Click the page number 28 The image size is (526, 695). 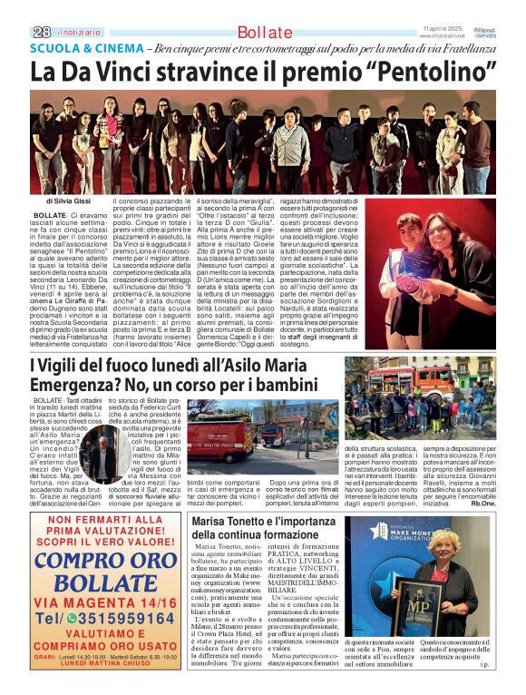pos(40,32)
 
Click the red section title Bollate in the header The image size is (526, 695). pos(265,33)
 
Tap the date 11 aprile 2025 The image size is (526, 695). pos(443,29)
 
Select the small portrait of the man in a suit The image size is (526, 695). pos(106,460)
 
